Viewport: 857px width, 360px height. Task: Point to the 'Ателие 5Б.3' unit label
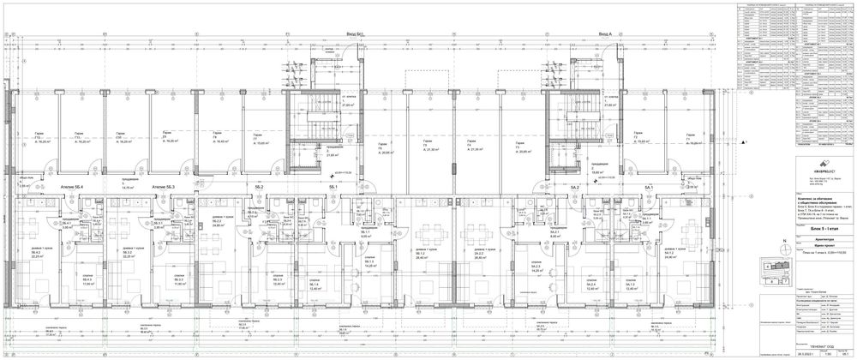(163, 187)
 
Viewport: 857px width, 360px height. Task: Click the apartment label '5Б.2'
(258, 187)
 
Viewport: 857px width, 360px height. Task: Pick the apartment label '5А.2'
(576, 187)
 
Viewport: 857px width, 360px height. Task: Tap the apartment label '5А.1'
(649, 187)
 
